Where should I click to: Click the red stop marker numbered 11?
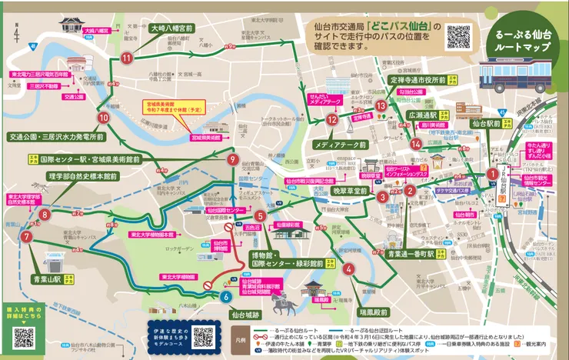point(126,58)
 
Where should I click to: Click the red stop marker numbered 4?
point(349,268)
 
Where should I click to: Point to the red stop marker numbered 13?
point(381,105)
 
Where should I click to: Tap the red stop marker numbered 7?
point(27,237)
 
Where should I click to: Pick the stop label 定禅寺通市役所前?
point(418,79)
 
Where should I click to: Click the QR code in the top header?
point(458,35)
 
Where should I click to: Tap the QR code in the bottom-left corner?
point(24,337)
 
